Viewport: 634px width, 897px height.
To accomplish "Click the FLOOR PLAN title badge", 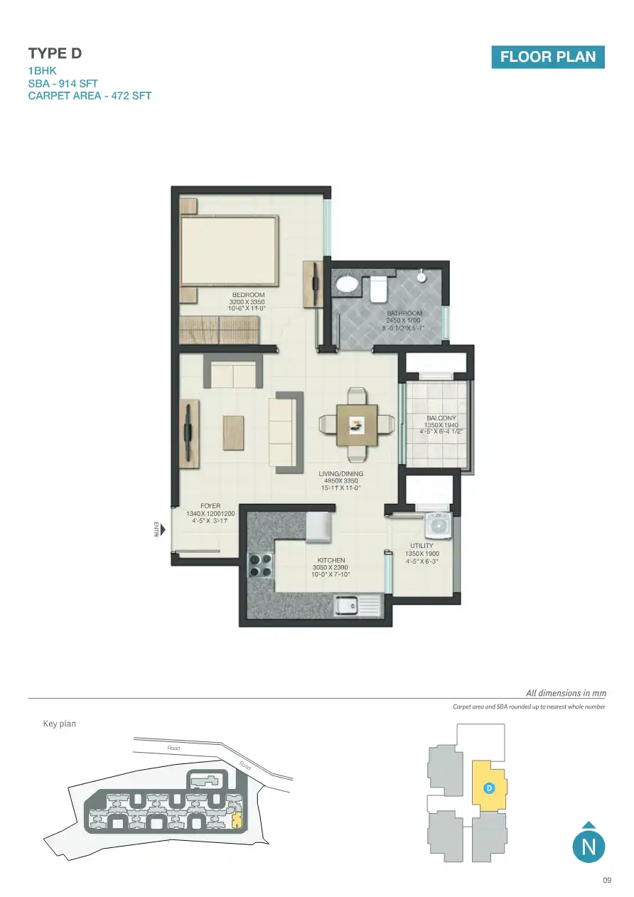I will coord(547,57).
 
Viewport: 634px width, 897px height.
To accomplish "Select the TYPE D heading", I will coord(49,53).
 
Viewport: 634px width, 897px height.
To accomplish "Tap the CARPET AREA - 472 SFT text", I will coord(90,95).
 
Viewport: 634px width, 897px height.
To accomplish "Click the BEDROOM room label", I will coord(248,295).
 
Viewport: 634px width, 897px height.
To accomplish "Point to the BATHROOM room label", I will coord(404,313).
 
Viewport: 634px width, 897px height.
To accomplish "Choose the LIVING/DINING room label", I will coord(340,473).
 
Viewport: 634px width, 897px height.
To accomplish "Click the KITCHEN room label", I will coord(331,561).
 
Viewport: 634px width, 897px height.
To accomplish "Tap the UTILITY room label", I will coord(421,546).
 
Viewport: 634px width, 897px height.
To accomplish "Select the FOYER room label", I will coord(210,507).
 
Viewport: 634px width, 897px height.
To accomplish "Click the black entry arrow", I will coord(163,530).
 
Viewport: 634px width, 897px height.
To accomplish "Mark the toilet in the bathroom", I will coord(377,289).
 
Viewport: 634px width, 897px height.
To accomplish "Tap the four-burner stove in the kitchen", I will coord(260,564).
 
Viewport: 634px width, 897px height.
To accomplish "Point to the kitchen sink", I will coord(348,606).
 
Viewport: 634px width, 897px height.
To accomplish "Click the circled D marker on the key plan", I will coord(489,788).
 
